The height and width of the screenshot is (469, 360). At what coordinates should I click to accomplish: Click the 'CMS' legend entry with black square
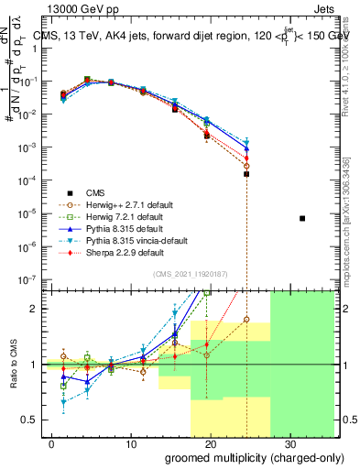(82, 191)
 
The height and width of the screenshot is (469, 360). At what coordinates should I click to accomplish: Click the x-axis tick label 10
(130, 443)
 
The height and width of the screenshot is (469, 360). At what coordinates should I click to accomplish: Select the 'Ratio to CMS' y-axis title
(14, 364)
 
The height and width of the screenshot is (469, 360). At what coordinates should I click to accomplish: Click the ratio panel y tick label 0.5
(30, 420)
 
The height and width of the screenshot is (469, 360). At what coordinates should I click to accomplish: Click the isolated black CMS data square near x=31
(302, 218)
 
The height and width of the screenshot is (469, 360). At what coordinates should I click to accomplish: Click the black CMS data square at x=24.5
(246, 174)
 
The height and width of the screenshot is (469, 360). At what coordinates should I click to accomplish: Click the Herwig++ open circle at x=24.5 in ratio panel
(246, 320)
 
